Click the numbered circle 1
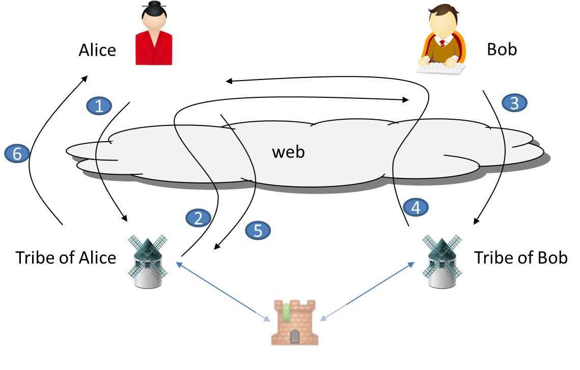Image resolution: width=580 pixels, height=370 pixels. [x=99, y=105]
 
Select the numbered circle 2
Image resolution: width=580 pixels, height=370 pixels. [x=199, y=218]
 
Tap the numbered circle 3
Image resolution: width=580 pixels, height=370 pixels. [x=514, y=103]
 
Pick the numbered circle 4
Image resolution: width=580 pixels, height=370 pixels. [x=416, y=207]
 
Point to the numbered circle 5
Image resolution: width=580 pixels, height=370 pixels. [x=258, y=230]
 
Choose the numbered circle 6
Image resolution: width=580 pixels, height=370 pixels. [x=17, y=153]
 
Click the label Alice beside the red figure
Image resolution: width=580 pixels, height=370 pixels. [x=97, y=50]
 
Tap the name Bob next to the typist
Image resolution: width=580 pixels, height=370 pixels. [x=502, y=49]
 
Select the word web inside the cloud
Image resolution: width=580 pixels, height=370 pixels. [x=288, y=151]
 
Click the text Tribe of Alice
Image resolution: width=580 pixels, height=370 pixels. [x=66, y=257]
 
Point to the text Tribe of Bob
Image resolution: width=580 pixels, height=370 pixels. [x=520, y=257]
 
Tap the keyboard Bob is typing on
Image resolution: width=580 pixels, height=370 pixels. [x=441, y=67]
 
